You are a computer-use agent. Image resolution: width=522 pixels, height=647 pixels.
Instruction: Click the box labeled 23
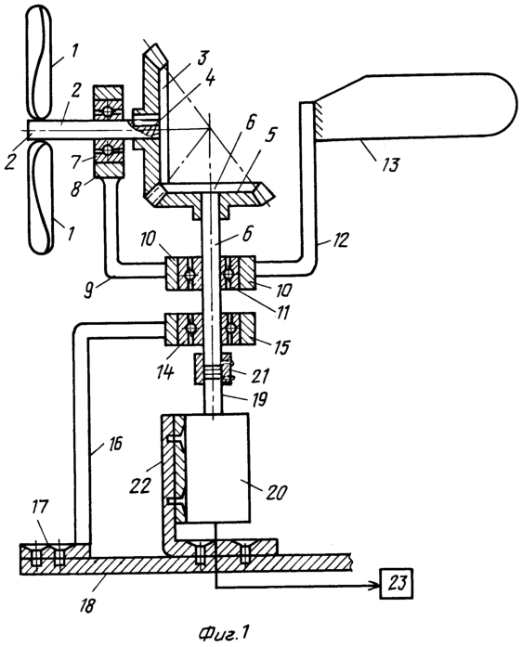(x=397, y=584)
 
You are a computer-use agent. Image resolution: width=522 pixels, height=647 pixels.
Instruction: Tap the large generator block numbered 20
(x=217, y=468)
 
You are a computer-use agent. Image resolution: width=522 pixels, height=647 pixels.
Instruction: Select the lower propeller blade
(x=41, y=198)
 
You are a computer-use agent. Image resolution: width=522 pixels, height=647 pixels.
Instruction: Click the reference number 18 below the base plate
(x=87, y=605)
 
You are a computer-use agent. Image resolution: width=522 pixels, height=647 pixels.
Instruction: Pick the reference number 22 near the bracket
(x=139, y=485)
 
